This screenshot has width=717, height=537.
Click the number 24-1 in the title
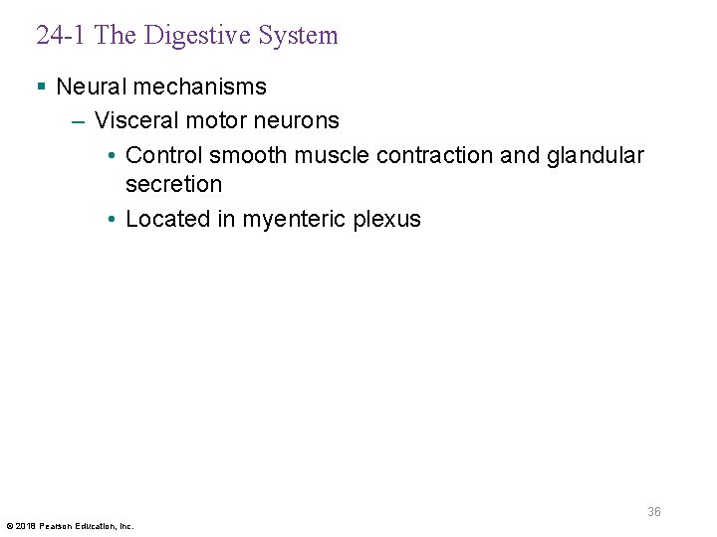(x=62, y=36)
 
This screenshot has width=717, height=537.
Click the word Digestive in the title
(x=197, y=36)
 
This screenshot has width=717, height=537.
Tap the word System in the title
(x=297, y=36)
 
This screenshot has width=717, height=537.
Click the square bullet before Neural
(x=41, y=87)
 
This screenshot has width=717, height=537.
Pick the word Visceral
(x=133, y=120)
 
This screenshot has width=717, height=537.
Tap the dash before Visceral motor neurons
(x=79, y=120)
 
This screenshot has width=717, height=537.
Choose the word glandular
(x=596, y=155)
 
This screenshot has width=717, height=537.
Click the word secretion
(x=173, y=184)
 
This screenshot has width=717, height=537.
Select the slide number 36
(x=654, y=512)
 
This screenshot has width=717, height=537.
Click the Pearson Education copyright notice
(x=70, y=525)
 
